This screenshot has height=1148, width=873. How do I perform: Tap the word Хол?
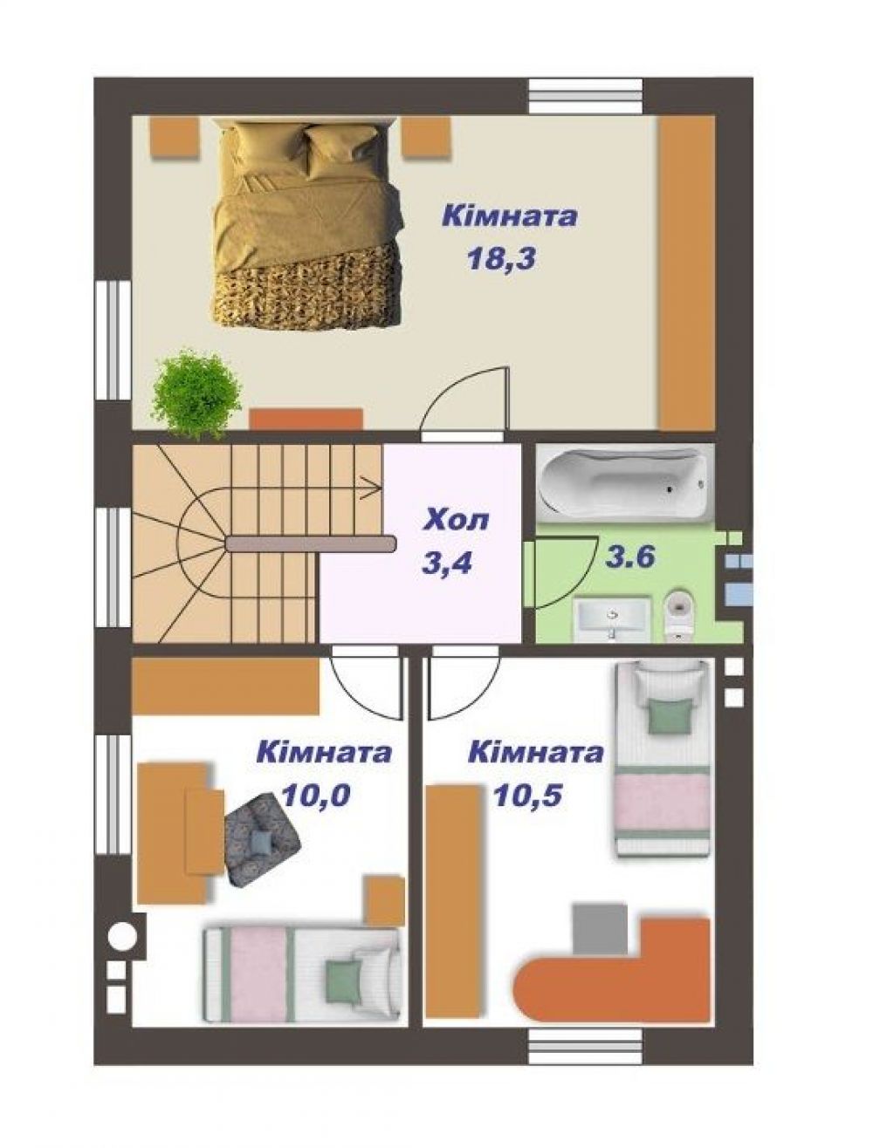click(457, 521)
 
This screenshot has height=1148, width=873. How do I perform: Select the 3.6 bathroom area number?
click(630, 557)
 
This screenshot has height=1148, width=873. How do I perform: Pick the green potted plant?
click(196, 390)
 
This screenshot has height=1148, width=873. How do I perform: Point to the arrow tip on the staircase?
click(380, 490)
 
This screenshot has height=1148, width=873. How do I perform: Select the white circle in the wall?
click(122, 934)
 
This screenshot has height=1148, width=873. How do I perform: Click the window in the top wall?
click(585, 96)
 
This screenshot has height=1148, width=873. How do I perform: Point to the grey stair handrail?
click(311, 544)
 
